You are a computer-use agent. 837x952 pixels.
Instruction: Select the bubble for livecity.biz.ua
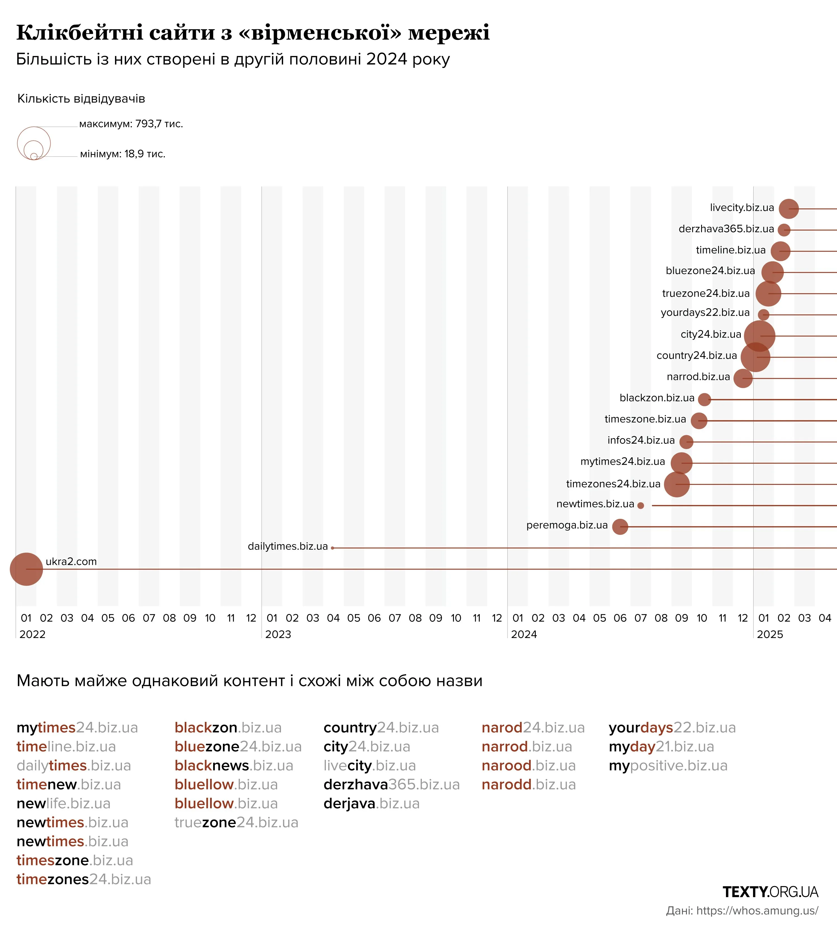point(788,209)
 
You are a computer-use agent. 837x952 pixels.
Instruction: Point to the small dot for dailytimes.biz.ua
point(333,548)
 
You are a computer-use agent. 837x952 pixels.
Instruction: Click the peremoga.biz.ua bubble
point(620,527)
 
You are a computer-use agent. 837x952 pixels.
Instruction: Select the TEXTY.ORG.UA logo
point(770,892)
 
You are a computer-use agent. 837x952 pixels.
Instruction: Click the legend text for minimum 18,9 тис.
point(122,154)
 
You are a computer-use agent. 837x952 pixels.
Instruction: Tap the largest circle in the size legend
point(33,143)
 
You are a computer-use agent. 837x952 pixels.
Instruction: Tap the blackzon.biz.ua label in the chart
point(657,398)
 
